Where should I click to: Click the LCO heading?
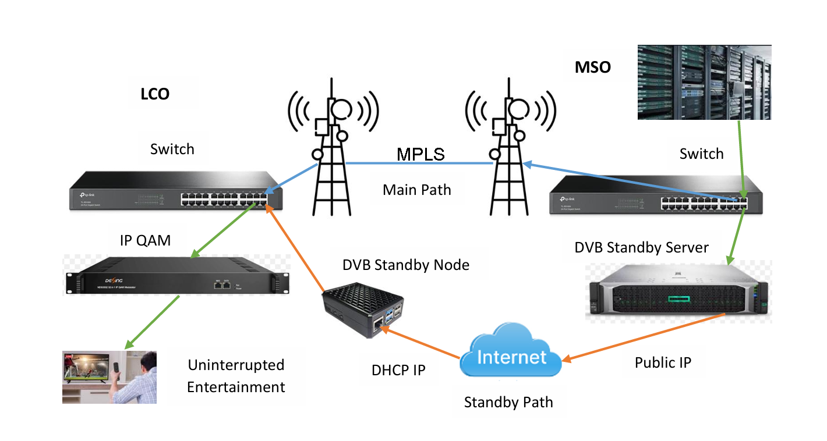click(x=155, y=94)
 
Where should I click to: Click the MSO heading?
click(x=593, y=67)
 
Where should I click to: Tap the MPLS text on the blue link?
click(x=420, y=154)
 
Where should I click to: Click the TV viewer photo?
click(x=109, y=377)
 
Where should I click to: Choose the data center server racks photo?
click(x=704, y=83)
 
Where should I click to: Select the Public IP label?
click(x=663, y=362)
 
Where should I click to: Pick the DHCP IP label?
click(x=398, y=370)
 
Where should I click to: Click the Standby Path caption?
click(x=508, y=402)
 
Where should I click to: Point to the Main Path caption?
click(x=417, y=189)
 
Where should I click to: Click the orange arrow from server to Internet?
click(x=646, y=337)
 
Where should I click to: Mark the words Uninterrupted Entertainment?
click(x=236, y=376)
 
